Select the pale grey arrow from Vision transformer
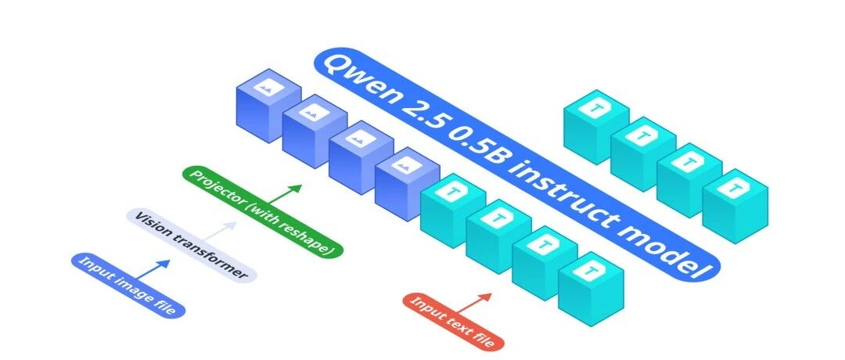click(218, 232)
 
